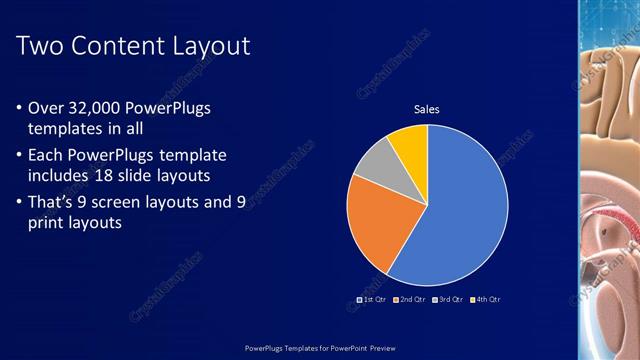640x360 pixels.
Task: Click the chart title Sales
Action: tap(427, 109)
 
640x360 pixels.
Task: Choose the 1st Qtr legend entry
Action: tap(373, 299)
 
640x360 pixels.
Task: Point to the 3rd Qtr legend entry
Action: tap(449, 299)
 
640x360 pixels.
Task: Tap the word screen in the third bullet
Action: tap(142, 202)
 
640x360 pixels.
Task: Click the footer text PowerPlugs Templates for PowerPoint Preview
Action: tap(319, 346)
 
